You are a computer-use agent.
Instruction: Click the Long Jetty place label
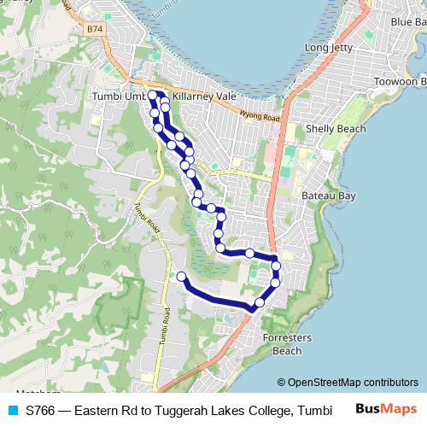point(329,49)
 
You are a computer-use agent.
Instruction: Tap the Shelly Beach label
point(336,129)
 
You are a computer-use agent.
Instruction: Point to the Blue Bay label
point(407,21)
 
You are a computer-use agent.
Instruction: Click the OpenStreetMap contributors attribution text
point(348,383)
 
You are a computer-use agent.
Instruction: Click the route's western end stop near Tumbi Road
point(180,276)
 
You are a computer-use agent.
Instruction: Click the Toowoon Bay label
point(400,82)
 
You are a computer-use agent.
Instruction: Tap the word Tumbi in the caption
point(313,411)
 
